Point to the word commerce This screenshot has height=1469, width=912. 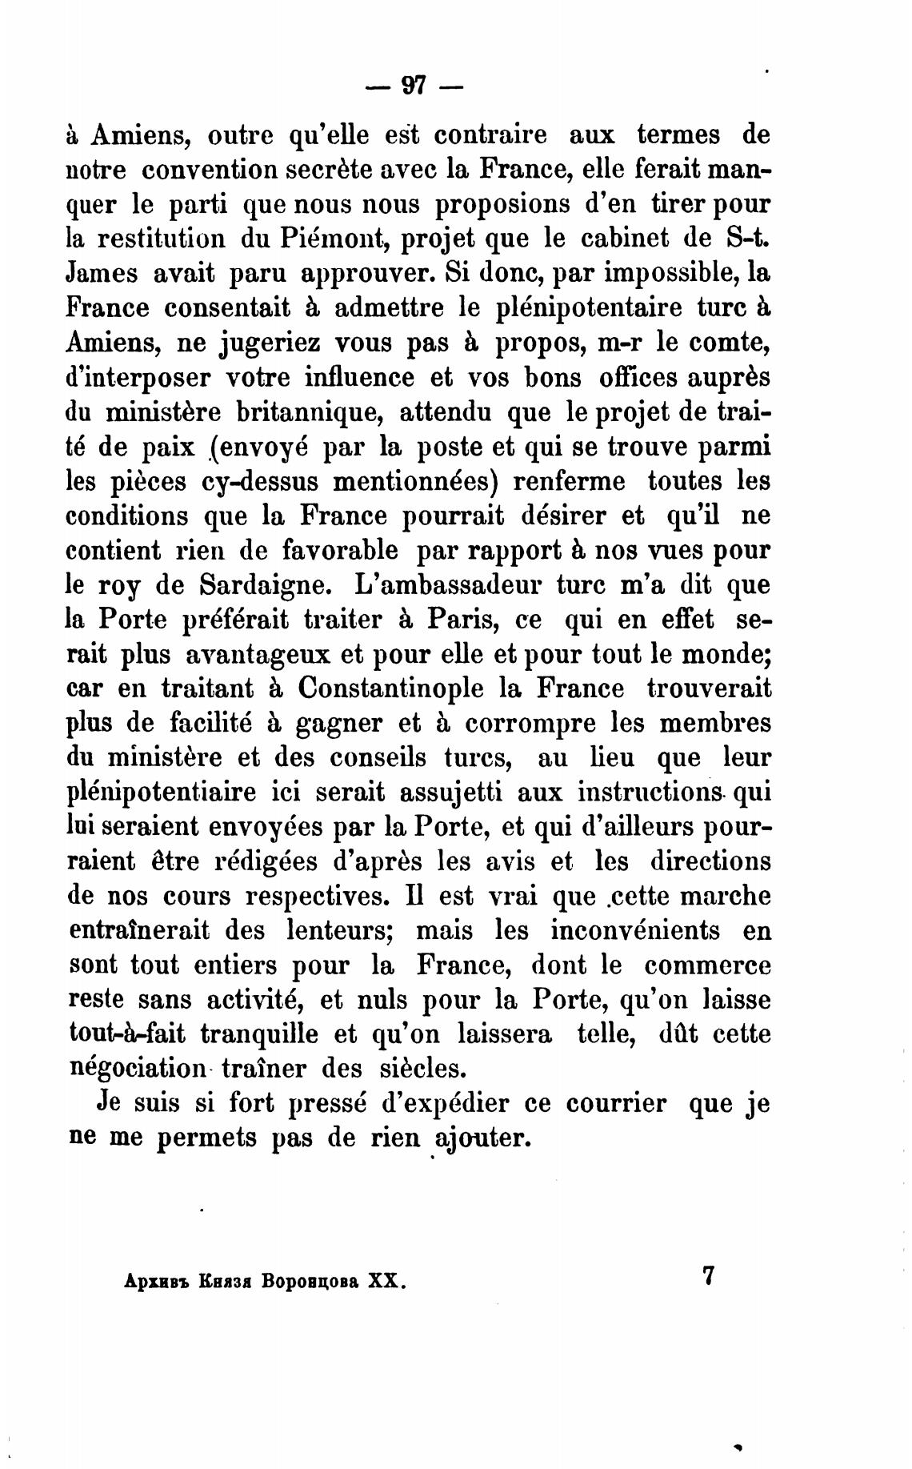coord(707,965)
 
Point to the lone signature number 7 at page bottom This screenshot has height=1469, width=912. coord(706,1275)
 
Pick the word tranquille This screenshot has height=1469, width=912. coord(259,1034)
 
